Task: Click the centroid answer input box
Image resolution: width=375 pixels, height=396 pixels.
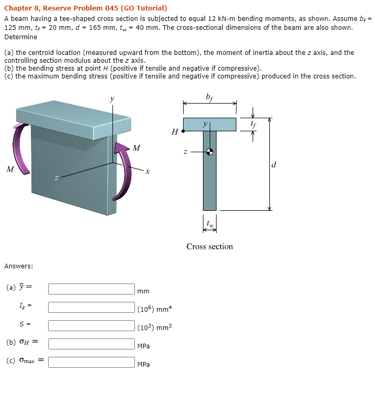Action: click(92, 289)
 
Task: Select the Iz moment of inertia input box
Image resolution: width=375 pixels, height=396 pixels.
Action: click(92, 307)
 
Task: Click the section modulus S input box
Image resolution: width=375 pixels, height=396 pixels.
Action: click(92, 325)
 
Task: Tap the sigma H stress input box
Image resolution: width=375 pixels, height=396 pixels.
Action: click(92, 344)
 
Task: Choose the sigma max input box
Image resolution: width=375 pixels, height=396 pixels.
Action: click(92, 362)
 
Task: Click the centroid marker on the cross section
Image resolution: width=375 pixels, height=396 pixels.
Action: click(210, 152)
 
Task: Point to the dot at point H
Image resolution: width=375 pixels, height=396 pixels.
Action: click(183, 132)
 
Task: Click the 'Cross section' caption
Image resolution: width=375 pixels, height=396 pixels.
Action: click(209, 246)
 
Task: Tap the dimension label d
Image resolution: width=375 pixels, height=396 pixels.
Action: click(274, 165)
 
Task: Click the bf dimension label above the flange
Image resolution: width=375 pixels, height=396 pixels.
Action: click(209, 96)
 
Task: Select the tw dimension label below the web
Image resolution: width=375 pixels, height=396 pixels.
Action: click(210, 225)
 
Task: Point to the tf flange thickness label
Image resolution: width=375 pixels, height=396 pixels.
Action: click(253, 125)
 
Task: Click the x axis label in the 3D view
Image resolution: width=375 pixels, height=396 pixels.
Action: click(148, 171)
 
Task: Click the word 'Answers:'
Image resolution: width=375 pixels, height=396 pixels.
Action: click(19, 266)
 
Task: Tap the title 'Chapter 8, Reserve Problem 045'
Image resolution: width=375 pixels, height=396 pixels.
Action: click(86, 8)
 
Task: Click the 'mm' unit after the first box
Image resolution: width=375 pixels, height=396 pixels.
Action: click(143, 291)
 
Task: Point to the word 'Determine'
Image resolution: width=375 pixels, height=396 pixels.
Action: click(21, 37)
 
